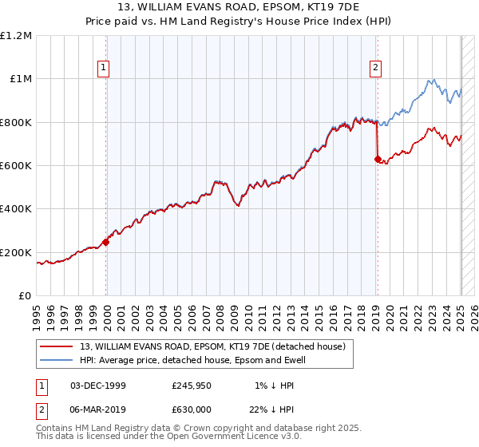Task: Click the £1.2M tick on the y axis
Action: tap(17, 36)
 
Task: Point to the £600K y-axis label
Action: tap(17, 166)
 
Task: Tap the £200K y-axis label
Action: tap(17, 252)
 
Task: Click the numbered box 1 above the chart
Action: tap(105, 69)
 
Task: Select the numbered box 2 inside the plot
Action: tap(375, 69)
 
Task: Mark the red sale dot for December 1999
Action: tap(106, 243)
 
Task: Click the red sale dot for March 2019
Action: tap(377, 159)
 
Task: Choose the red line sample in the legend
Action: tap(56, 346)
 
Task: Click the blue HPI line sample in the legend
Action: tap(56, 360)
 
